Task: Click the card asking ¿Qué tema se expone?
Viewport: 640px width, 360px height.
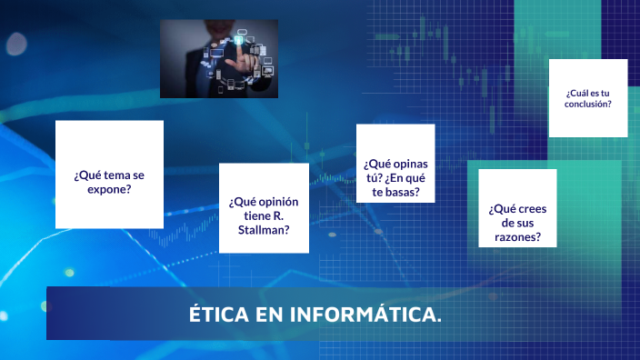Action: point(109,174)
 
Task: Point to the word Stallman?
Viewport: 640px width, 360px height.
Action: point(265,230)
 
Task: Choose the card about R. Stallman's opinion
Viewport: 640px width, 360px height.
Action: point(264,208)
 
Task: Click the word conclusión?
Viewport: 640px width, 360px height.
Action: point(588,104)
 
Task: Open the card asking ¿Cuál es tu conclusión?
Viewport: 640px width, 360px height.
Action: point(588,98)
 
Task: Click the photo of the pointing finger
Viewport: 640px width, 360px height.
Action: point(219,59)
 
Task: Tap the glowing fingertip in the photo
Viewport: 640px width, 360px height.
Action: point(239,42)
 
